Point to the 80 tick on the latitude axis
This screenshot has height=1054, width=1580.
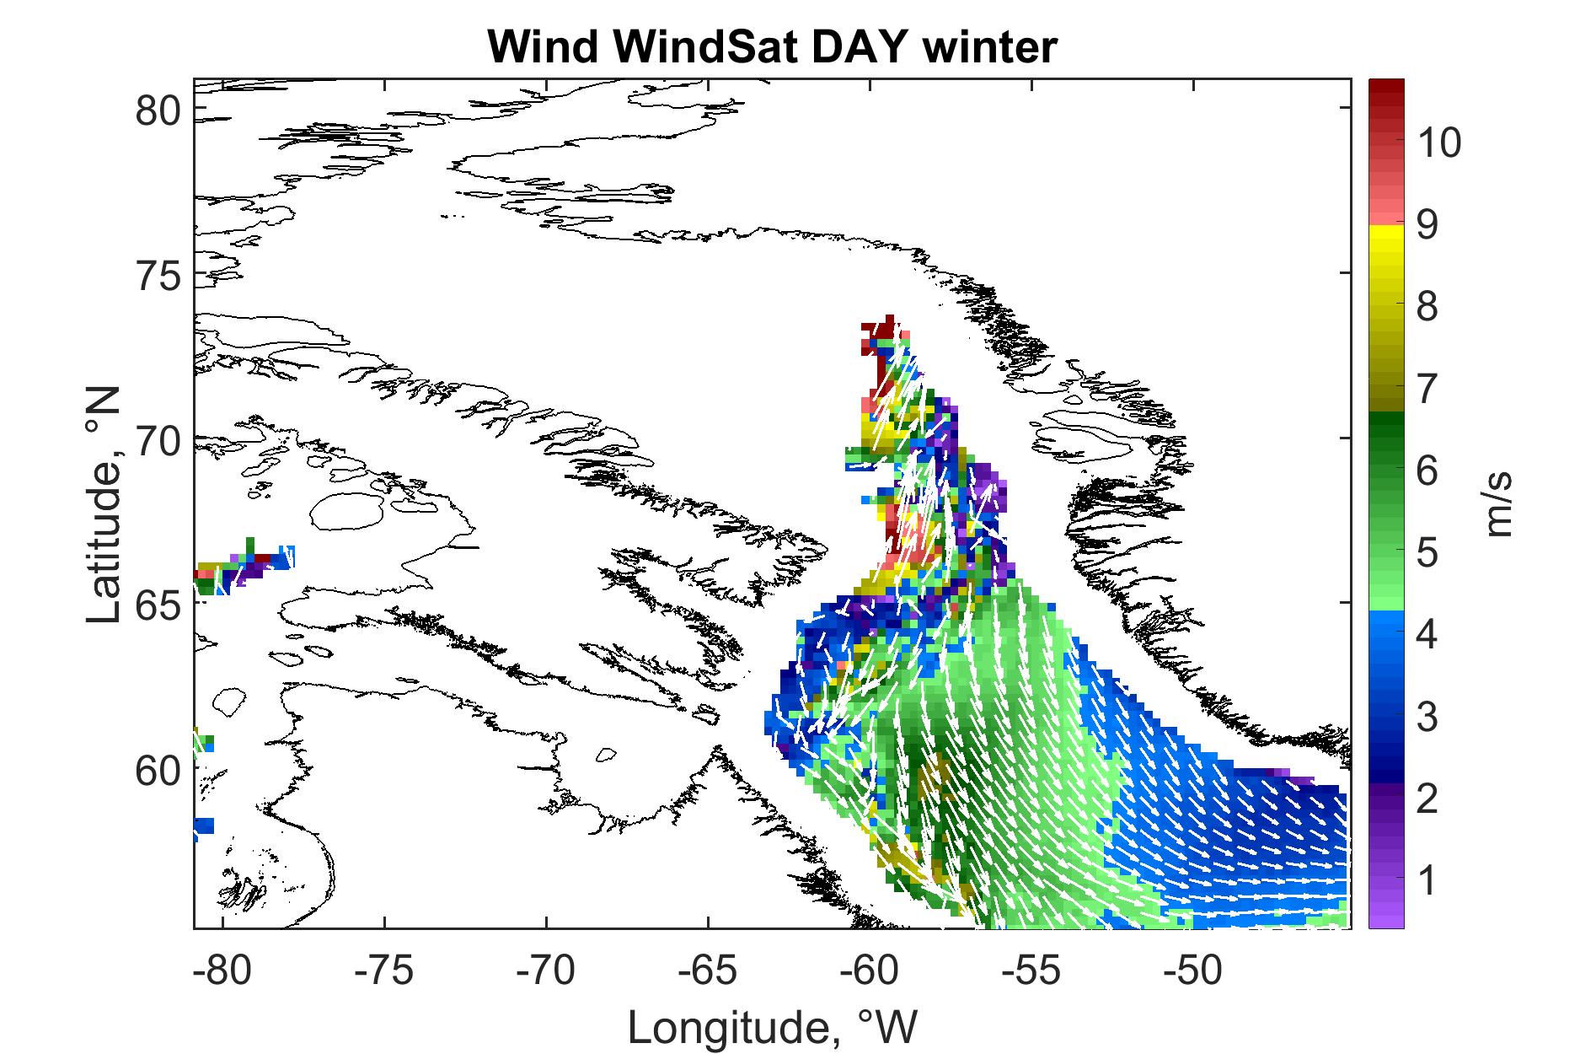tap(159, 110)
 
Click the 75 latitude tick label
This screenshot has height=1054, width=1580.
tap(159, 275)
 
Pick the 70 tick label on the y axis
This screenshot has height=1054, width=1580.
tap(159, 439)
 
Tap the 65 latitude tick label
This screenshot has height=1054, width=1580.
tap(159, 604)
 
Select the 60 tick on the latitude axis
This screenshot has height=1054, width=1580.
tap(159, 768)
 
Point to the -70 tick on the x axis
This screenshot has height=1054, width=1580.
tap(547, 971)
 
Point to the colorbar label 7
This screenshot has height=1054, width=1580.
tap(1427, 391)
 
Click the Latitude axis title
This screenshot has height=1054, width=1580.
tap(104, 506)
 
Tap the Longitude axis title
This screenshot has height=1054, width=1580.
tap(772, 1025)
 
